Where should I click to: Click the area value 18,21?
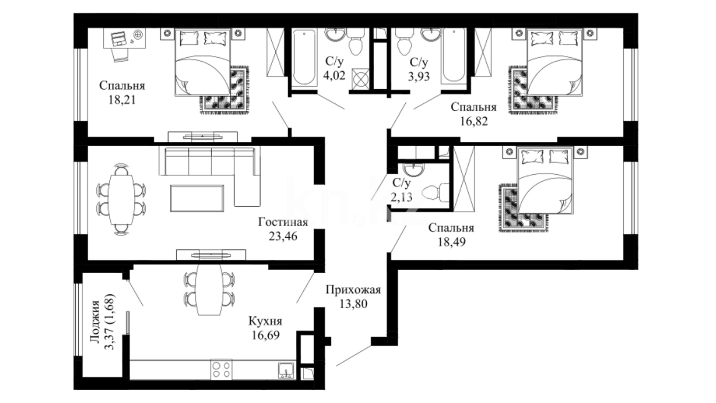tap(122, 100)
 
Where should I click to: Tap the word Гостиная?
tap(283, 222)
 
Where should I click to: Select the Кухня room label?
tap(265, 321)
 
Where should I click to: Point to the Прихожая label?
tap(353, 290)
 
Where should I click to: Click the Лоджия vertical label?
tap(95, 322)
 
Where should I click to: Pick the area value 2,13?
tap(402, 197)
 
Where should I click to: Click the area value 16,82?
tap(474, 121)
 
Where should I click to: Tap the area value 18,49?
tap(452, 242)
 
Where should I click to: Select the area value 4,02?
tap(335, 75)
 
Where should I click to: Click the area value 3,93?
tap(418, 76)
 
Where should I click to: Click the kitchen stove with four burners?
tap(221, 369)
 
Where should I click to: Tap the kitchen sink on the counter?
tap(286, 371)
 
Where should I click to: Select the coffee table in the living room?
tap(197, 198)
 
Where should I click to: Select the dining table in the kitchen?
tap(209, 290)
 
